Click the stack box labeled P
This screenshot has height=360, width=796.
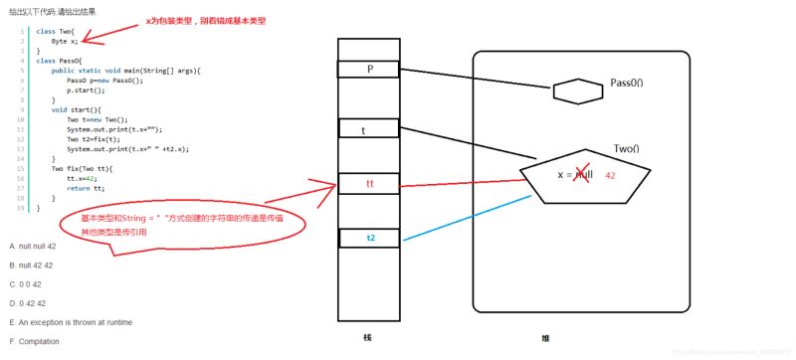coord(368,69)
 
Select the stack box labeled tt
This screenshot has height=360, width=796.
coord(368,184)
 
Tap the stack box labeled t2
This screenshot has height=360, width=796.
coord(368,238)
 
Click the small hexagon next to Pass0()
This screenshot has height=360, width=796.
coord(577,92)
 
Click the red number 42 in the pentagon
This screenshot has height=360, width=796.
coord(611,175)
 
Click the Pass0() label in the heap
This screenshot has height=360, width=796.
coord(627,83)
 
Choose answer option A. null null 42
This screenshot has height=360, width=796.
coord(32,246)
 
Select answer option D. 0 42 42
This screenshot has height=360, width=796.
coord(27,302)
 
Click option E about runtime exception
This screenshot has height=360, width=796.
coord(71,322)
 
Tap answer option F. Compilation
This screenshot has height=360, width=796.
coord(34,341)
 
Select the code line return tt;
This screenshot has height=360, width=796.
coord(86,188)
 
